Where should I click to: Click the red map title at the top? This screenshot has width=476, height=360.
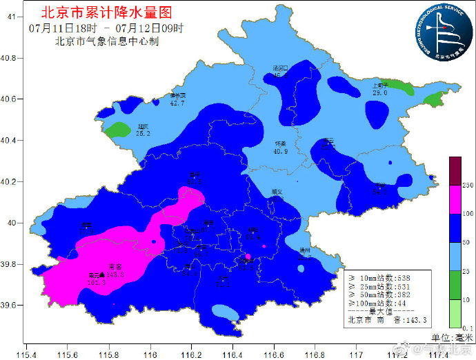[107, 12]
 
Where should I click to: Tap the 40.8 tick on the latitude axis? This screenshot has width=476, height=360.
[11, 58]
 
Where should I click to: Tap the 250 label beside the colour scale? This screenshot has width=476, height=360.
[466, 186]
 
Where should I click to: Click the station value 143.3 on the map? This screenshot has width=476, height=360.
[115, 274]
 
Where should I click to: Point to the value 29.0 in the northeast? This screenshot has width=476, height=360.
[380, 92]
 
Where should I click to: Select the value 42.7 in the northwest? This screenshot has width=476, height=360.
[177, 103]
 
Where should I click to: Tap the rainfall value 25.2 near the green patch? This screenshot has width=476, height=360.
[143, 133]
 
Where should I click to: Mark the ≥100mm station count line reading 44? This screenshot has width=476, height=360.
[381, 303]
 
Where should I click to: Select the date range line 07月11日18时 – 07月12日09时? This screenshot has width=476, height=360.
[107, 28]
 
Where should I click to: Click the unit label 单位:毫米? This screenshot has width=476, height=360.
[453, 337]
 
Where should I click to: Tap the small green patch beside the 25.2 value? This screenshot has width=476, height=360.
[119, 129]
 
